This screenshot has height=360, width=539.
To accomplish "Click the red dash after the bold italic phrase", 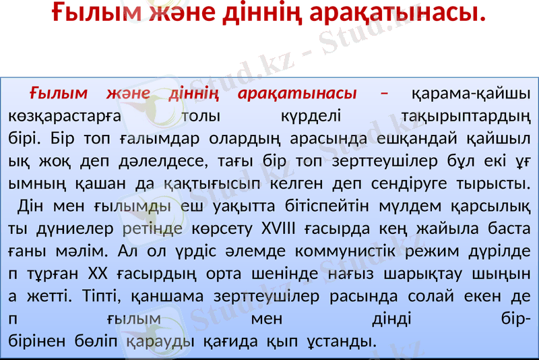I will coord(384,93).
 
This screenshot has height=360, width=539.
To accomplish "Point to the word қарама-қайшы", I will coord(470,93).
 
